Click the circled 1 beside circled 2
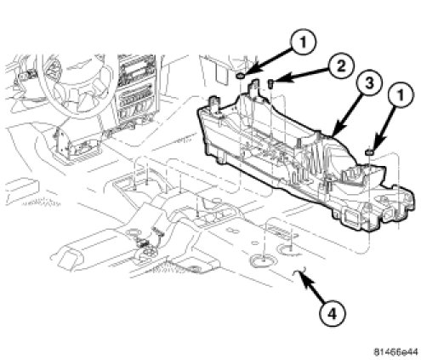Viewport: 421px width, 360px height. [303, 43]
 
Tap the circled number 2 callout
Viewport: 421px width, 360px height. [341, 66]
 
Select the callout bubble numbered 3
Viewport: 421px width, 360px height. [369, 83]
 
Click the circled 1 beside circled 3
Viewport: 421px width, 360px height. [401, 95]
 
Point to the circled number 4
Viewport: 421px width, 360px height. [333, 314]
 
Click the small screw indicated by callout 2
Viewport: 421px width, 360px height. [270, 83]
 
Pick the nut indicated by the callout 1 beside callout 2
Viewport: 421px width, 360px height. [241, 76]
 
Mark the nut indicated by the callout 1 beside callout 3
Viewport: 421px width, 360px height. [369, 152]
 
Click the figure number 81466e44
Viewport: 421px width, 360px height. [395, 351]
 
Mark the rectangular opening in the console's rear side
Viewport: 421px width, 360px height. [352, 217]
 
